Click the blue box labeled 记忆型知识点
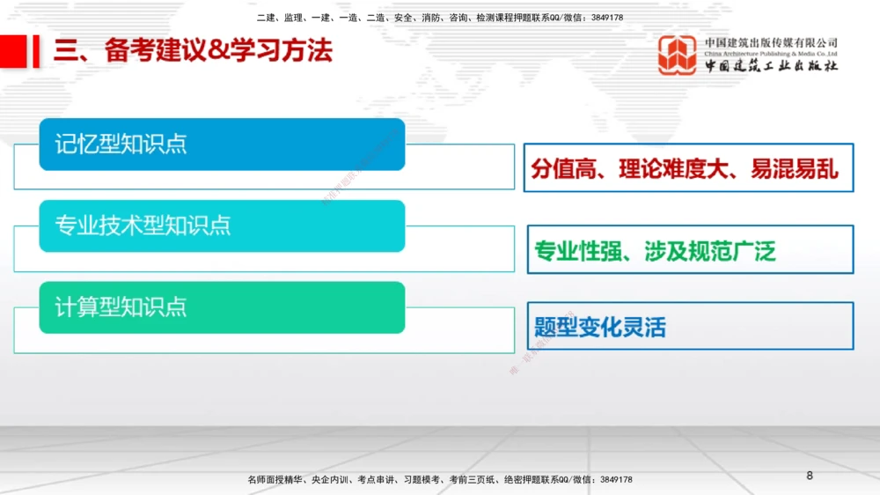click(x=222, y=144)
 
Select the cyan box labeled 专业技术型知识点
click(x=222, y=225)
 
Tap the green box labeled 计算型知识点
click(x=222, y=307)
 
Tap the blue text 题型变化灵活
click(x=600, y=328)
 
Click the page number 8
click(x=810, y=476)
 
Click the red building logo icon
click(x=677, y=55)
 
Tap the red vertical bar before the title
click(x=36, y=50)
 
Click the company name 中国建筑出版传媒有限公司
click(x=771, y=42)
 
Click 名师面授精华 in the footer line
click(x=275, y=480)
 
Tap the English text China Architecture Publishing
click(x=748, y=54)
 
